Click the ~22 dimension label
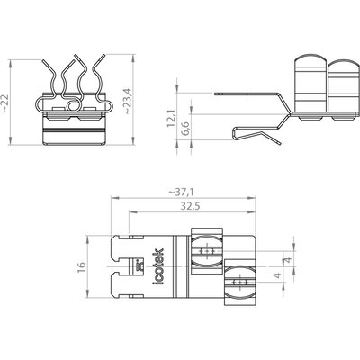5,103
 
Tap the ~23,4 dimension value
128,101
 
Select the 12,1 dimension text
172,118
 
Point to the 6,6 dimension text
185,129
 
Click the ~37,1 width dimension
181,192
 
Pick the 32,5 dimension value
190,206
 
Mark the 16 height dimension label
82,267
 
